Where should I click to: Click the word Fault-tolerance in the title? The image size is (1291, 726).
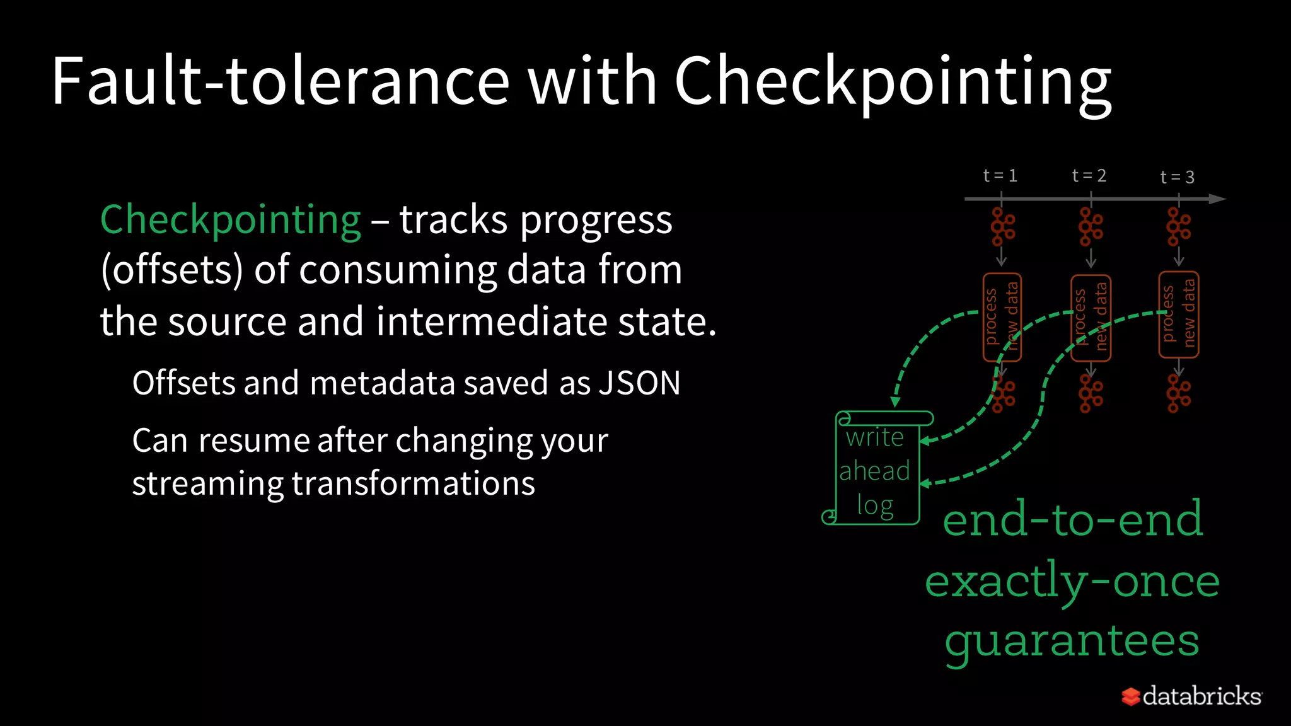[x=280, y=82]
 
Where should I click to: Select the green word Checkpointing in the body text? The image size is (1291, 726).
[x=231, y=221]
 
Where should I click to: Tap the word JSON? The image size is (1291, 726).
[x=639, y=383]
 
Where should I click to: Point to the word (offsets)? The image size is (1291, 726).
[x=171, y=270]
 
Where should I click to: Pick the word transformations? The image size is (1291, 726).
[x=413, y=483]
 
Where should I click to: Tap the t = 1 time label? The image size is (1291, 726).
[x=1000, y=176]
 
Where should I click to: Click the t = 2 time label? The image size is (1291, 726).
[x=1089, y=176]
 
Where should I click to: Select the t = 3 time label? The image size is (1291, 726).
[x=1178, y=178]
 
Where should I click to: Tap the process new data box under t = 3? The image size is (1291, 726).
[x=1179, y=314]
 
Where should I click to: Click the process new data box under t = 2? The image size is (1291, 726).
[x=1091, y=318]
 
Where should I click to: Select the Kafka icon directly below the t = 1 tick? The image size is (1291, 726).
[x=1002, y=226]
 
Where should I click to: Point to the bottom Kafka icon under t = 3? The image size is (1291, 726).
[x=1178, y=393]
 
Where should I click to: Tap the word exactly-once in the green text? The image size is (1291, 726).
[x=1072, y=581]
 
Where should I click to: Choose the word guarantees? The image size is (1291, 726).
[x=1072, y=642]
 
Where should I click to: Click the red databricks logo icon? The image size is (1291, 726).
[x=1130, y=696]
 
